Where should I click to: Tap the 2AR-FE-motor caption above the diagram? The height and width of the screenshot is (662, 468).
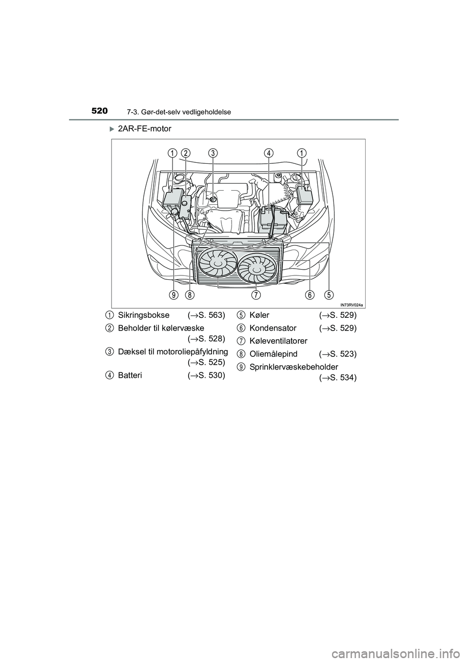[x=144, y=129]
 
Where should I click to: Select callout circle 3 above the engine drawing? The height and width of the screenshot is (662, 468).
[x=213, y=153]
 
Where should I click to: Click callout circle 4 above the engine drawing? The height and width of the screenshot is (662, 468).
[x=269, y=153]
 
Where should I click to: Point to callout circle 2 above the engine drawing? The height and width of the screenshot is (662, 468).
[x=185, y=153]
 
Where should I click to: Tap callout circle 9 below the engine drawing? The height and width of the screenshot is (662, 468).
[x=174, y=294]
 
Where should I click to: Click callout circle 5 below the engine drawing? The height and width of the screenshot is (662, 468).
[x=330, y=294]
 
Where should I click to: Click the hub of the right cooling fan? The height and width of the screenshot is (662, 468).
[x=255, y=268]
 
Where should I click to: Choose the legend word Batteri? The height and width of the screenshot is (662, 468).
[x=130, y=375]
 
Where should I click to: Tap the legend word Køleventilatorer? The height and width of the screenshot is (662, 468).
[x=278, y=341]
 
